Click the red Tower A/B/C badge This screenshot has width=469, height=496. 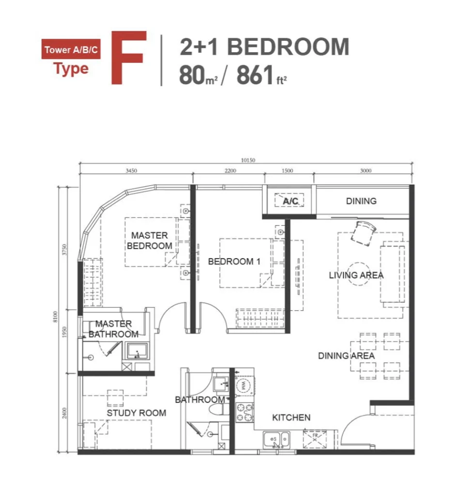[71, 49]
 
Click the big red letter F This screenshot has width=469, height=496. [129, 58]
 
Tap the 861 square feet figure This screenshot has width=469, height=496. [262, 75]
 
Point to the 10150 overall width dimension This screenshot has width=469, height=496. [248, 160]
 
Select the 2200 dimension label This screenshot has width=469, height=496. [230, 171]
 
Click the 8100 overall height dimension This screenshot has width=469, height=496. [56, 317]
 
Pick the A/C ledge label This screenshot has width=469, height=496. [290, 201]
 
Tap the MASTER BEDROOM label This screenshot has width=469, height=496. [150, 241]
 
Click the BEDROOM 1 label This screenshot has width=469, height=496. [234, 262]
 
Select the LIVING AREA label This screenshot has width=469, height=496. [356, 275]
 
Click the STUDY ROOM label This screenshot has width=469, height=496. [136, 413]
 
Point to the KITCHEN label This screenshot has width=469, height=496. [291, 418]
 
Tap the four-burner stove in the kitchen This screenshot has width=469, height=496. [245, 413]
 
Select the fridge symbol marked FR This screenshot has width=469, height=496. [315, 438]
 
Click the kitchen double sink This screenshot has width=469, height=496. [276, 440]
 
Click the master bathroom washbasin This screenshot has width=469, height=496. [137, 351]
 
